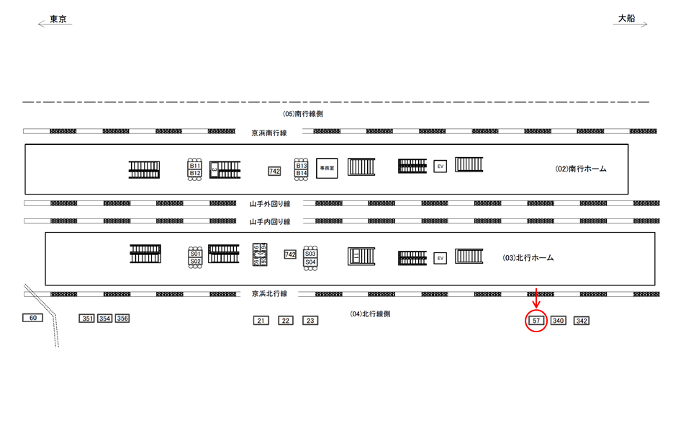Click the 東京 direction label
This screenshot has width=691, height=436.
coord(58,19)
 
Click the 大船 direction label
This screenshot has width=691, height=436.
coord(626,19)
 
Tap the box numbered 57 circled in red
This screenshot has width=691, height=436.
coord(536,320)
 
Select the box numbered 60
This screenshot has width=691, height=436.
coord(32,318)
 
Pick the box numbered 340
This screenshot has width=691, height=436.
coord(558,321)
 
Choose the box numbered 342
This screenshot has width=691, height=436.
coord(582,321)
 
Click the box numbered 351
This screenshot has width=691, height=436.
coord(87,319)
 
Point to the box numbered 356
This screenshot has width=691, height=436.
coord(122,319)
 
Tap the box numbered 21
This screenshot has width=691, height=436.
coord(261,321)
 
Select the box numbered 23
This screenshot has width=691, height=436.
coord(310,321)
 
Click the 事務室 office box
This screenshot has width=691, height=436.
coord(328,167)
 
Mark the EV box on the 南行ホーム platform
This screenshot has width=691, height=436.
coord(440,166)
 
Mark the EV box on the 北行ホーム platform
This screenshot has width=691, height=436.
coord(440,258)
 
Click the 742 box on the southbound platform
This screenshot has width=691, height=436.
coord(274,171)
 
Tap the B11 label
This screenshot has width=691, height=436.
coord(195,166)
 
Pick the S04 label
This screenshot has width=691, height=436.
coord(310,262)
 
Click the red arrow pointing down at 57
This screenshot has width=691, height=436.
coord(536,298)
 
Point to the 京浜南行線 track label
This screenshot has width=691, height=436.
coord(269,133)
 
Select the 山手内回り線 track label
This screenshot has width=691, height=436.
coord(269,222)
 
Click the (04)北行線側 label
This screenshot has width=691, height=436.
coord(370,314)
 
